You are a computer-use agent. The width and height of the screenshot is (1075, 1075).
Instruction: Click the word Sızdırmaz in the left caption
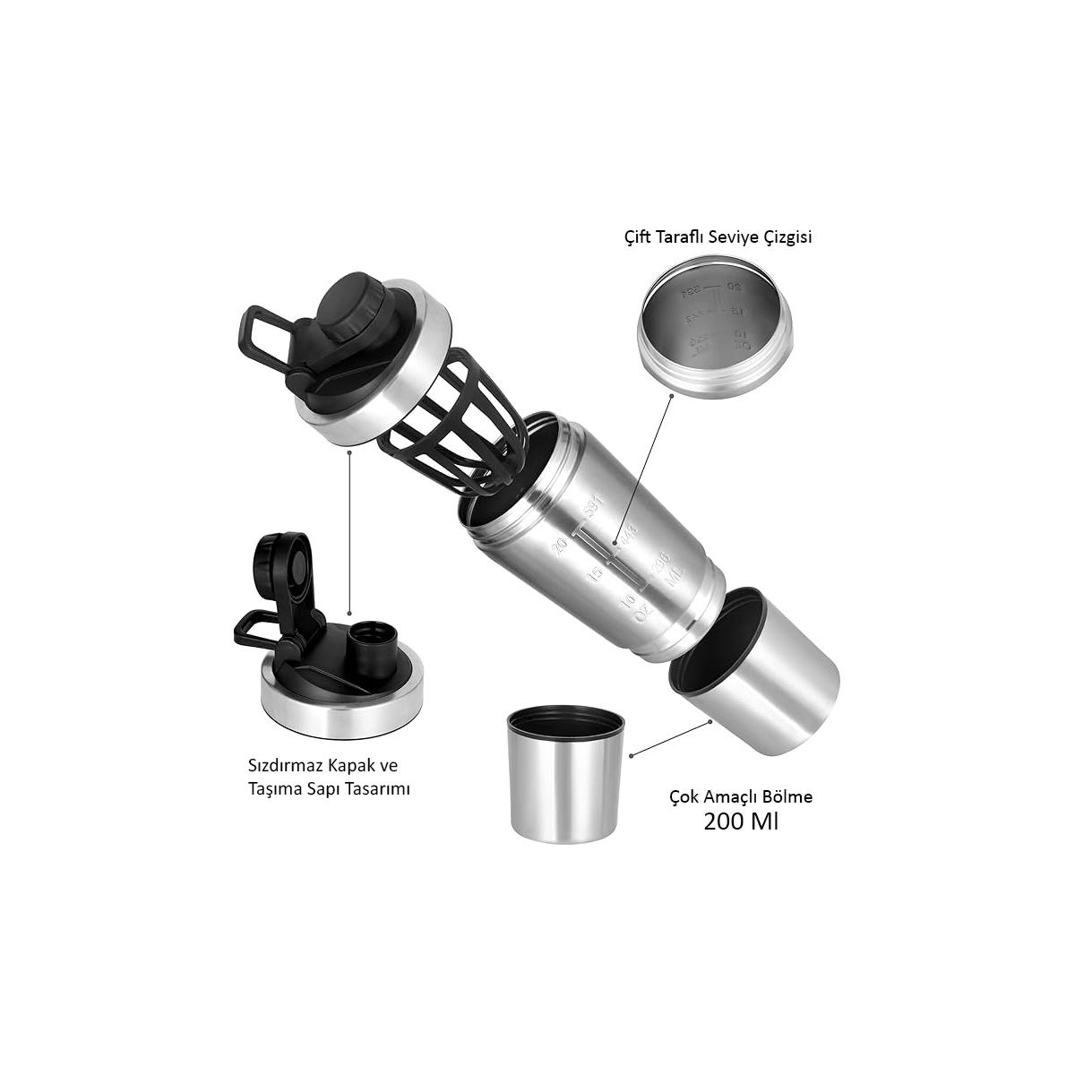click(281, 767)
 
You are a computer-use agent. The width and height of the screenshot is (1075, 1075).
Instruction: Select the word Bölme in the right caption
click(786, 795)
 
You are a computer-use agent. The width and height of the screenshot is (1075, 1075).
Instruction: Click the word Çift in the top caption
click(640, 237)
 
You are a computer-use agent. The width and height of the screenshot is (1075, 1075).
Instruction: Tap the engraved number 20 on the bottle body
click(562, 544)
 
